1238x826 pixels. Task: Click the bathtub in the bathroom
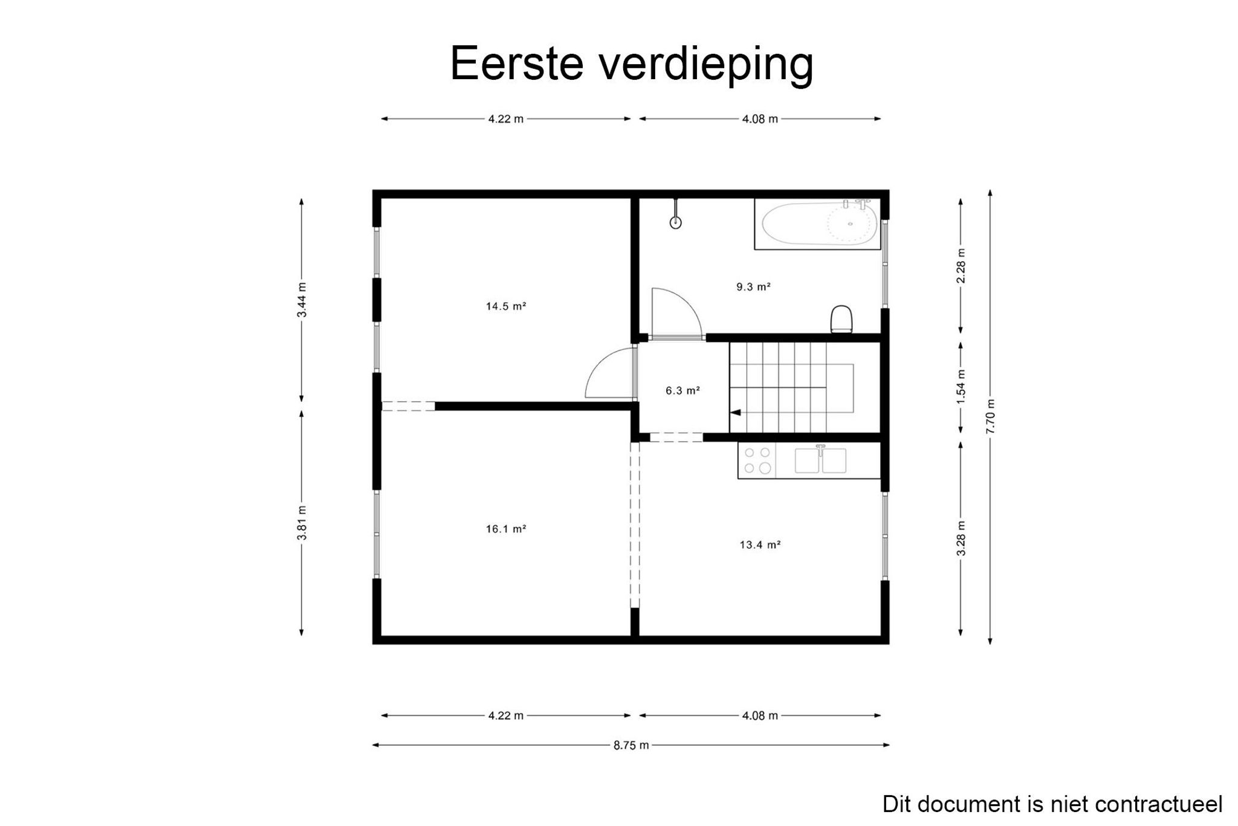click(x=817, y=224)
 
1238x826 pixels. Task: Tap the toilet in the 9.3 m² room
click(x=841, y=319)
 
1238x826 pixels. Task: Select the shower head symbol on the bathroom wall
click(x=675, y=222)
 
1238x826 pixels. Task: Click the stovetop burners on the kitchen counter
click(x=757, y=460)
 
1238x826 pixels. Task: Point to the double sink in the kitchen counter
click(x=820, y=460)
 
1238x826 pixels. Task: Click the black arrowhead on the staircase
click(x=735, y=413)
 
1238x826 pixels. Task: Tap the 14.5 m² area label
click(x=506, y=306)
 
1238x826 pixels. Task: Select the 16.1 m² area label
click(x=506, y=529)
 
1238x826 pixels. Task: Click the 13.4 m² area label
click(x=760, y=545)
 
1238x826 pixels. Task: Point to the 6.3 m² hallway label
click(x=682, y=391)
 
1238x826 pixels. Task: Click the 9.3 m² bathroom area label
click(x=753, y=287)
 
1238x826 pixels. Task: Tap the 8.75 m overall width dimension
click(x=631, y=746)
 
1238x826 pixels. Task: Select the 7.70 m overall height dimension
click(x=990, y=417)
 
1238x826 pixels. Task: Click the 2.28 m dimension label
click(x=961, y=266)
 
